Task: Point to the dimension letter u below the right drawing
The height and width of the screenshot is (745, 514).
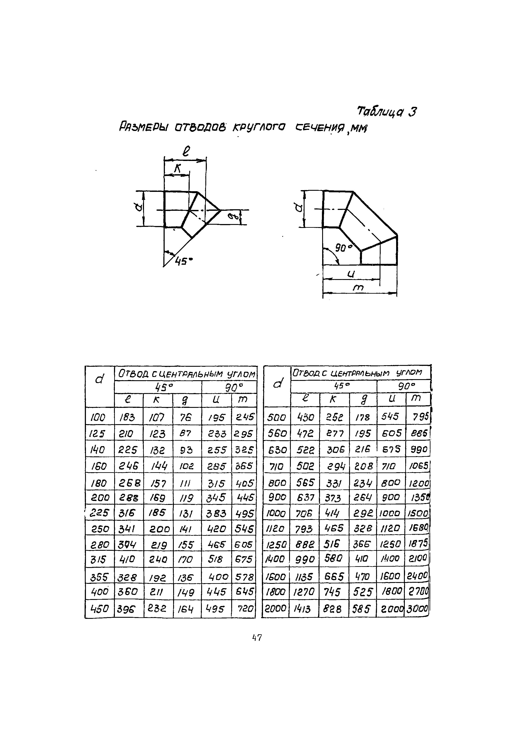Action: click(x=351, y=274)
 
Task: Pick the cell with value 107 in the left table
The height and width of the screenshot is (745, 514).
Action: click(x=158, y=418)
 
